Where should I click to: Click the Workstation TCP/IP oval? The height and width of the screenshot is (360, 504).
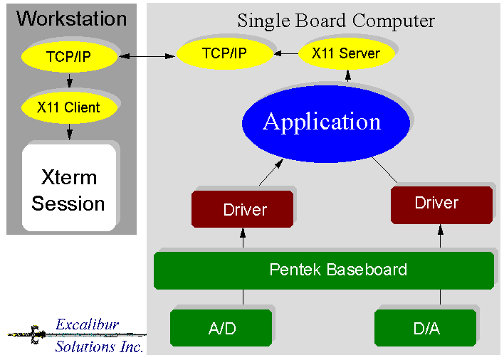(x=68, y=56)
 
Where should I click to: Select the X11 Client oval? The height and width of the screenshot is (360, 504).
(x=68, y=108)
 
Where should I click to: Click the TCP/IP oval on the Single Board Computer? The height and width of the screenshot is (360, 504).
(x=224, y=53)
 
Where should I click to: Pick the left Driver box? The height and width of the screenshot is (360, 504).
(x=242, y=209)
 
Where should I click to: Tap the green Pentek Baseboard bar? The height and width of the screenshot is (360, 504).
(x=324, y=270)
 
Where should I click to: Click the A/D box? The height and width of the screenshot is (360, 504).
(x=221, y=328)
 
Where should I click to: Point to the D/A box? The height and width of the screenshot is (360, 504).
(x=426, y=328)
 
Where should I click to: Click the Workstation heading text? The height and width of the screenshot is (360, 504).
(x=71, y=18)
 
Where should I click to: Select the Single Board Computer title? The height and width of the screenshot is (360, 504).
(x=336, y=21)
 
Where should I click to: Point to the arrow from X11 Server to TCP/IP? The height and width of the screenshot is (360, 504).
(x=287, y=53)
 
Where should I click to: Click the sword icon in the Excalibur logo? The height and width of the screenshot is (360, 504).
(x=32, y=333)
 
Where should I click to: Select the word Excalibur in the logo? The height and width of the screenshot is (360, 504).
(x=88, y=326)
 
